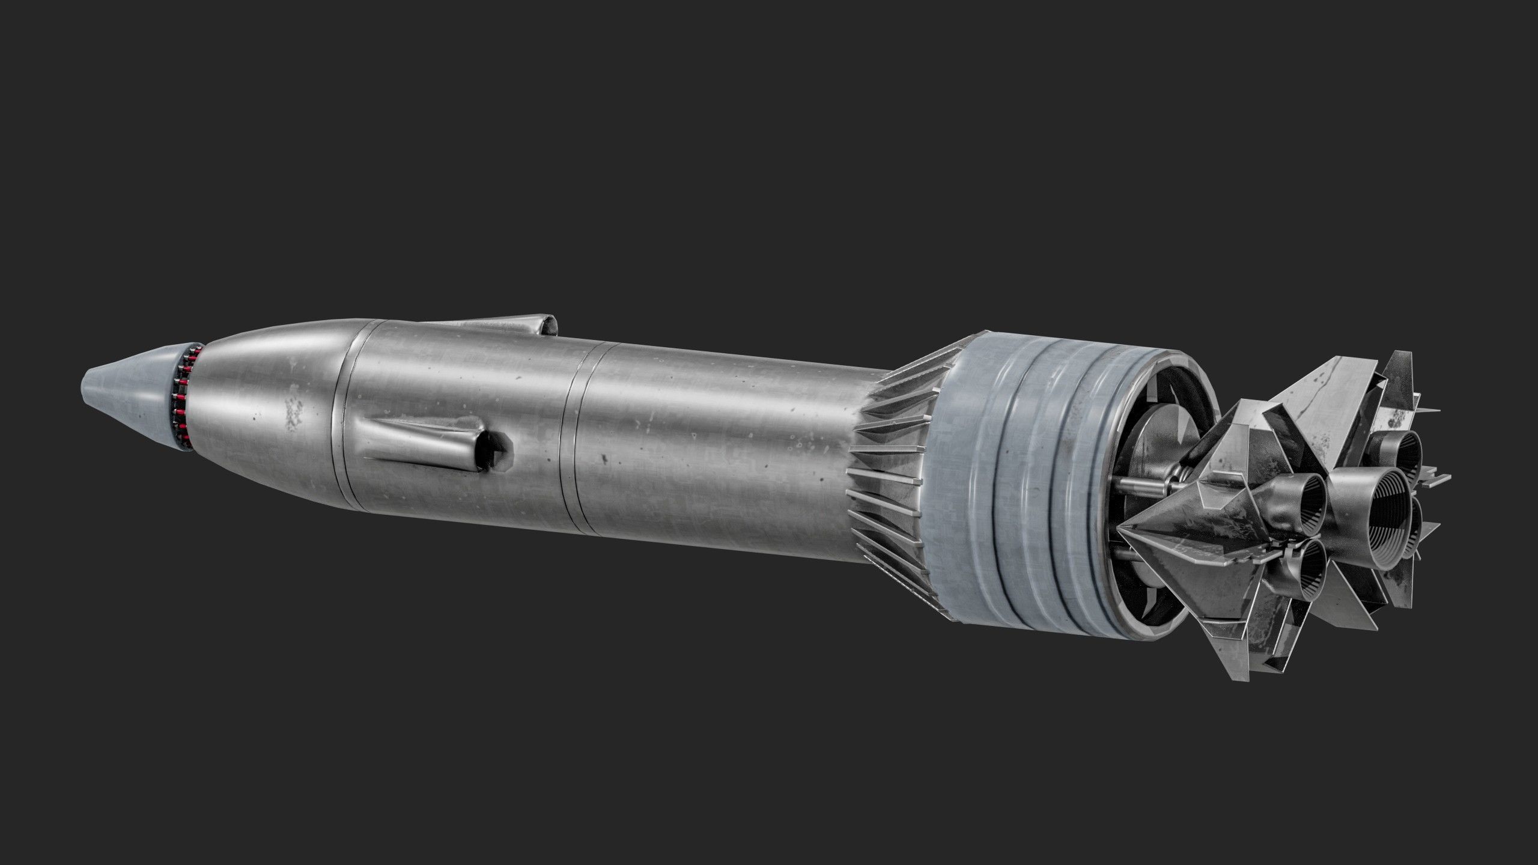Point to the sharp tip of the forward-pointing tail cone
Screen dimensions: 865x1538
pos(1123,528)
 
